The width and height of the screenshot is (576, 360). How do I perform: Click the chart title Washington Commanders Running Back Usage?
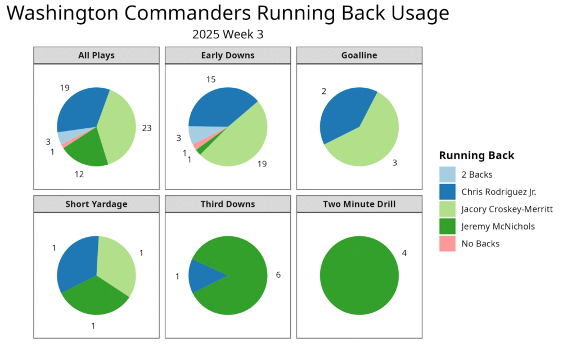(228, 13)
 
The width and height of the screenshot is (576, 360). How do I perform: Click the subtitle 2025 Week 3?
(228, 34)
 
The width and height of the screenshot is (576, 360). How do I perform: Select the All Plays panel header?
(96, 55)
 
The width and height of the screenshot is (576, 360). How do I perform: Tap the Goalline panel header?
(359, 55)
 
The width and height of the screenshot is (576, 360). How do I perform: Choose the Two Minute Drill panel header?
(359, 204)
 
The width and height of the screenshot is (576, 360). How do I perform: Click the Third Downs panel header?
(228, 204)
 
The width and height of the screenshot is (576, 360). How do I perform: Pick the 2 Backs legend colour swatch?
(447, 174)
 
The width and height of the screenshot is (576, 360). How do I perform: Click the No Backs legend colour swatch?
(447, 244)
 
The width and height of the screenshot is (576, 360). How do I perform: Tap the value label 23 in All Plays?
(147, 128)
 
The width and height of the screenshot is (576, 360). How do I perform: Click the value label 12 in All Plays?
(79, 174)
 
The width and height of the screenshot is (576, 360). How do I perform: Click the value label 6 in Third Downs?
(278, 274)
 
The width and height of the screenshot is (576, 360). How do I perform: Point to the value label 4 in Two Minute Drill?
(404, 253)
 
